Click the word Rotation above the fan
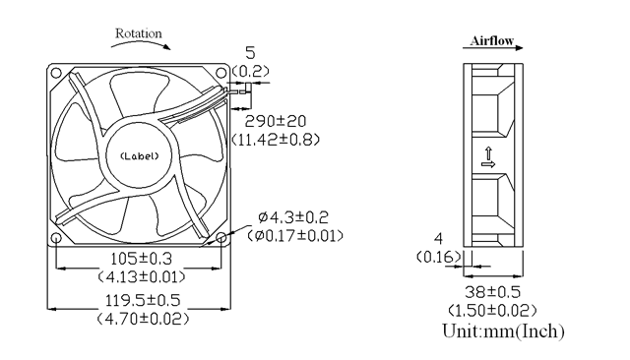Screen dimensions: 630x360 pyautogui.click(x=139, y=33)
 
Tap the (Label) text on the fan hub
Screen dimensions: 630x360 pyautogui.click(x=140, y=156)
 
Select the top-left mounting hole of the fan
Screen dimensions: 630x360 pyautogui.click(x=56, y=73)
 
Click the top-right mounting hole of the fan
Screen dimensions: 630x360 pyautogui.click(x=221, y=73)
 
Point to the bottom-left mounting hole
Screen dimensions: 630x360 pyautogui.click(x=56, y=238)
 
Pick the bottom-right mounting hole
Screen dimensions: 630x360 pyautogui.click(x=221, y=238)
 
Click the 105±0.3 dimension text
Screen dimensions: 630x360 pyautogui.click(x=141, y=259)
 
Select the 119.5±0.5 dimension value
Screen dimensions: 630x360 pyautogui.click(x=143, y=300)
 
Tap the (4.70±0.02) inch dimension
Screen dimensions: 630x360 pyautogui.click(x=143, y=319)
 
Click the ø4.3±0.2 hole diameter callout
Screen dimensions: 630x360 pyautogui.click(x=293, y=217)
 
